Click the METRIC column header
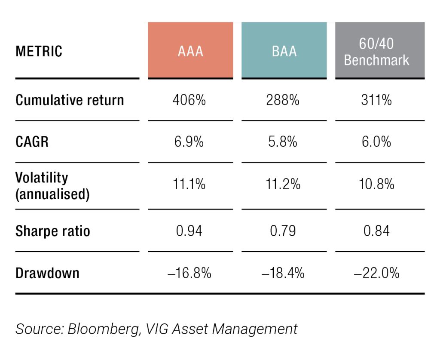tap(39, 52)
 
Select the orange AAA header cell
tap(190, 51)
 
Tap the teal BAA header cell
tap(284, 51)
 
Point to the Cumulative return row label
tap(70, 100)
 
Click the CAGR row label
tap(32, 142)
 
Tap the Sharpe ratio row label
tap(53, 231)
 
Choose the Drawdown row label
tap(47, 273)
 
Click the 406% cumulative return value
tap(189, 100)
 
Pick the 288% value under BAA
tap(284, 100)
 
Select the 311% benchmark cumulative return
tap(376, 100)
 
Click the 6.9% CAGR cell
tap(189, 142)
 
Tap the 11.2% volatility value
tap(284, 185)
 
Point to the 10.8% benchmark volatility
tap(376, 185)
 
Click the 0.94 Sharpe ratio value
tap(189, 231)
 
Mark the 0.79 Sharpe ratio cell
tap(284, 231)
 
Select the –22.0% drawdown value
tap(376, 273)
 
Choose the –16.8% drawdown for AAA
tap(189, 273)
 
